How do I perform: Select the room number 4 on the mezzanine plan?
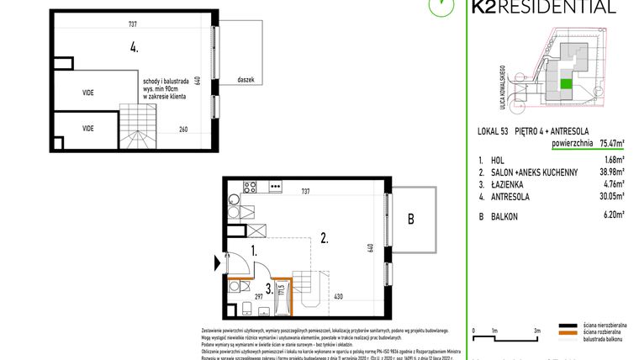pyautogui.click(x=134, y=47)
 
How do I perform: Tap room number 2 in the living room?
pyautogui.click(x=323, y=239)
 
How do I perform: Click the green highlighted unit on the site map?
pyautogui.click(x=565, y=82)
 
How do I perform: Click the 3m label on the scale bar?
pyautogui.click(x=536, y=331)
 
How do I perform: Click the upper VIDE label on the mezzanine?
pyautogui.click(x=88, y=92)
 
